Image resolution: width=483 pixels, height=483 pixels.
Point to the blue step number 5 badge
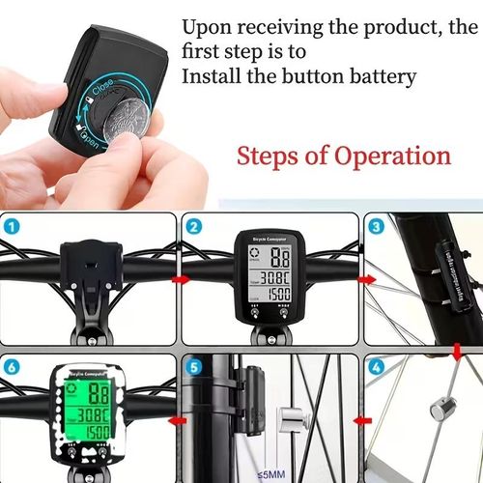pos(196,368)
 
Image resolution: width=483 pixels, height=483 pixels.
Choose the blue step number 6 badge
pos(14,368)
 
